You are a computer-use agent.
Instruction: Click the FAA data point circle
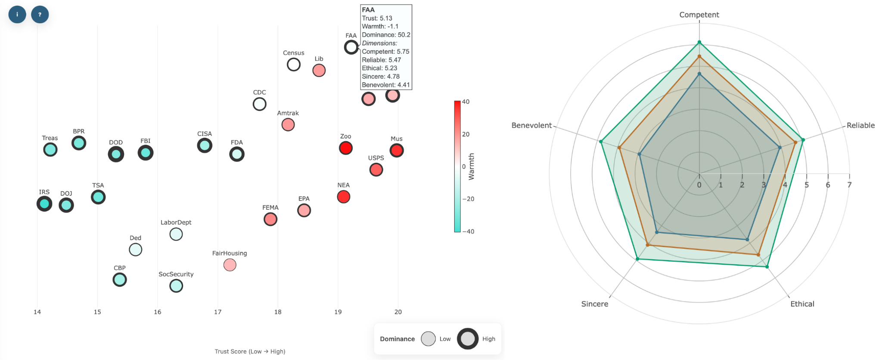pos(351,47)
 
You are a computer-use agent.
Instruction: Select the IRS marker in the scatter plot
pos(44,204)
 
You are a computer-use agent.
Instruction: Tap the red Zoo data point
pos(346,148)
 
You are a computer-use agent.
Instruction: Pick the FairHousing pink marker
pos(230,265)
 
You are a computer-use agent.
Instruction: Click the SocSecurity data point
pos(176,286)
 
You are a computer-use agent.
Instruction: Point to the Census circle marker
pos(294,65)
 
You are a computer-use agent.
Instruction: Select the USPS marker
pos(376,170)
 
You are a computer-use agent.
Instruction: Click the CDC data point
pos(260,104)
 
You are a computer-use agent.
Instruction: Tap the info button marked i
pos(17,14)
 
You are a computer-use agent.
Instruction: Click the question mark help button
pos(40,14)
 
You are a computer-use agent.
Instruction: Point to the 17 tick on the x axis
pos(218,312)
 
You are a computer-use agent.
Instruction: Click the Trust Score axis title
pos(250,351)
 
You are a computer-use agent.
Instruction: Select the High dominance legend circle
pos(468,339)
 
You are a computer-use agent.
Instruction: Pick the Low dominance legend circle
pos(429,339)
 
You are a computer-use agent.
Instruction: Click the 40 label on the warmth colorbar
pos(466,102)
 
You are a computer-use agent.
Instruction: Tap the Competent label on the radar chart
pos(699,15)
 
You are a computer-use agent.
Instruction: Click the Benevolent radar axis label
pos(531,125)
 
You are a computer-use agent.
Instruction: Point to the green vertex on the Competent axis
pos(699,42)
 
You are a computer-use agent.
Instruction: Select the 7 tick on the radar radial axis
pos(849,185)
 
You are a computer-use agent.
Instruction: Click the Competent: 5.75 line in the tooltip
pos(385,52)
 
